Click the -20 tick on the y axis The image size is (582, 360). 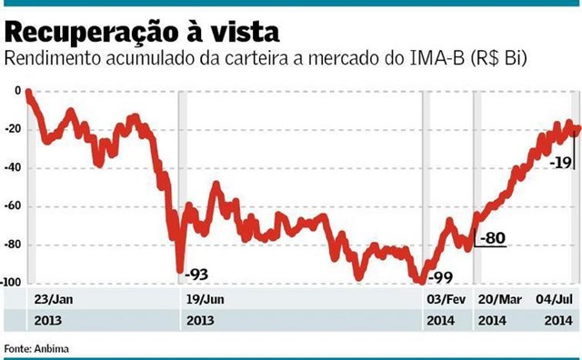(x=13, y=129)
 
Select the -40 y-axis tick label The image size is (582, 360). (x=13, y=168)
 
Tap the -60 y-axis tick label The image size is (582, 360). (x=13, y=206)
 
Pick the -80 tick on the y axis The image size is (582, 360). (x=13, y=245)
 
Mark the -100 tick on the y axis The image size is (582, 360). (x=11, y=284)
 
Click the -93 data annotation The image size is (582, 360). (x=197, y=273)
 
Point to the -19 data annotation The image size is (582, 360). (x=560, y=162)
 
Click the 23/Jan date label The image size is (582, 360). (x=54, y=299)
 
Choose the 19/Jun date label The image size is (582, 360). (x=206, y=299)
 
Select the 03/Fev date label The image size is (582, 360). (x=447, y=299)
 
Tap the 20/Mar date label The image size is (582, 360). (x=498, y=299)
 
